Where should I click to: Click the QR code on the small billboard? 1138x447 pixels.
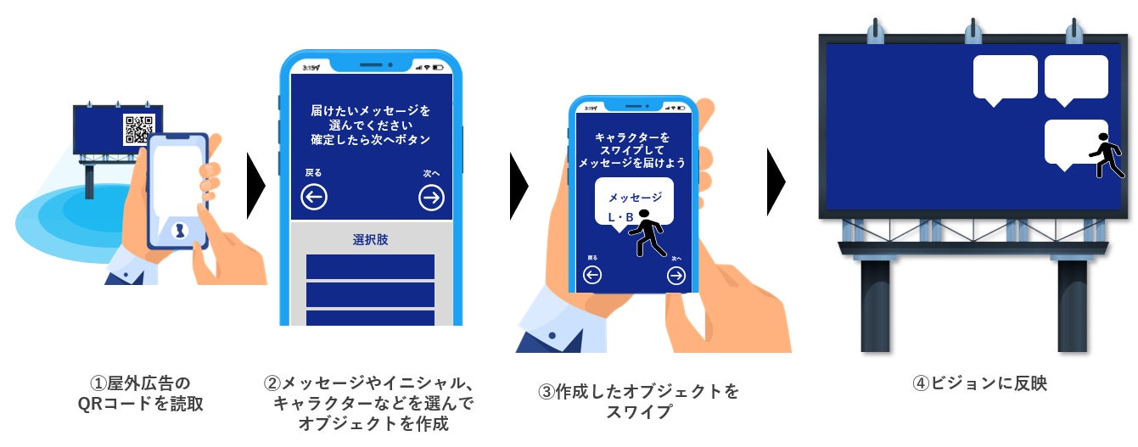pos(137,130)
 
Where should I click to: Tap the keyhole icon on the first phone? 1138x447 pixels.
pos(178,231)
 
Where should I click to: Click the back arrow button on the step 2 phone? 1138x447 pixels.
pos(314,198)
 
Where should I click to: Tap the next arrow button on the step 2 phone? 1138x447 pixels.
pos(431,198)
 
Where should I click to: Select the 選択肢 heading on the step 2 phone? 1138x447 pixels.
pos(370,239)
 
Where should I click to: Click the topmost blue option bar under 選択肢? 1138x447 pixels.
pos(370,266)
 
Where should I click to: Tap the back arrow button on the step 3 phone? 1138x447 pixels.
pos(592,275)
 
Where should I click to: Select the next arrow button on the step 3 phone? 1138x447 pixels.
pos(676,275)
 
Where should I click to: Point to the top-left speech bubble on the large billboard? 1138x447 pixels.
pos(1005,78)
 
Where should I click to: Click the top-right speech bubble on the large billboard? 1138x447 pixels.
pos(1076,78)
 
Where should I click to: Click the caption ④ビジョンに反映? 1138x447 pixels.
pos(979,383)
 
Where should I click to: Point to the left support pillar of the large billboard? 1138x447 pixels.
pos(875,305)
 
